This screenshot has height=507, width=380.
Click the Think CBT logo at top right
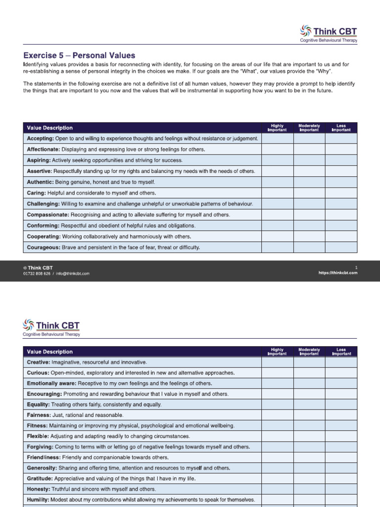coord(328,33)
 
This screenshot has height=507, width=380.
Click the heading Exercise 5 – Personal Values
coord(79,55)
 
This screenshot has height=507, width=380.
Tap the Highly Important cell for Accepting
coord(277,139)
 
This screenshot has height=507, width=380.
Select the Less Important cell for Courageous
coord(341,247)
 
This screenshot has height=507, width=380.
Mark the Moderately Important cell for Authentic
coord(309,182)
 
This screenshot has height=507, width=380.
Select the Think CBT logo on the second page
coord(51,327)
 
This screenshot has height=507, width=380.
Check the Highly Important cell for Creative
coord(277,362)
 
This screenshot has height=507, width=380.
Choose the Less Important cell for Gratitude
coord(341,478)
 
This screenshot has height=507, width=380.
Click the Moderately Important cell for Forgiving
coord(309,447)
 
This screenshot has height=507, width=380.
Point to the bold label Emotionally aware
coord(50,384)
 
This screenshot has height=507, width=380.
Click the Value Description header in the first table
coord(49,128)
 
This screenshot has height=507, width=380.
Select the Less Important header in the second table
coord(341,352)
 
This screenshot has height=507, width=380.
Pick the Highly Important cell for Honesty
coord(277,489)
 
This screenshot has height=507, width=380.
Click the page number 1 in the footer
coord(356,267)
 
